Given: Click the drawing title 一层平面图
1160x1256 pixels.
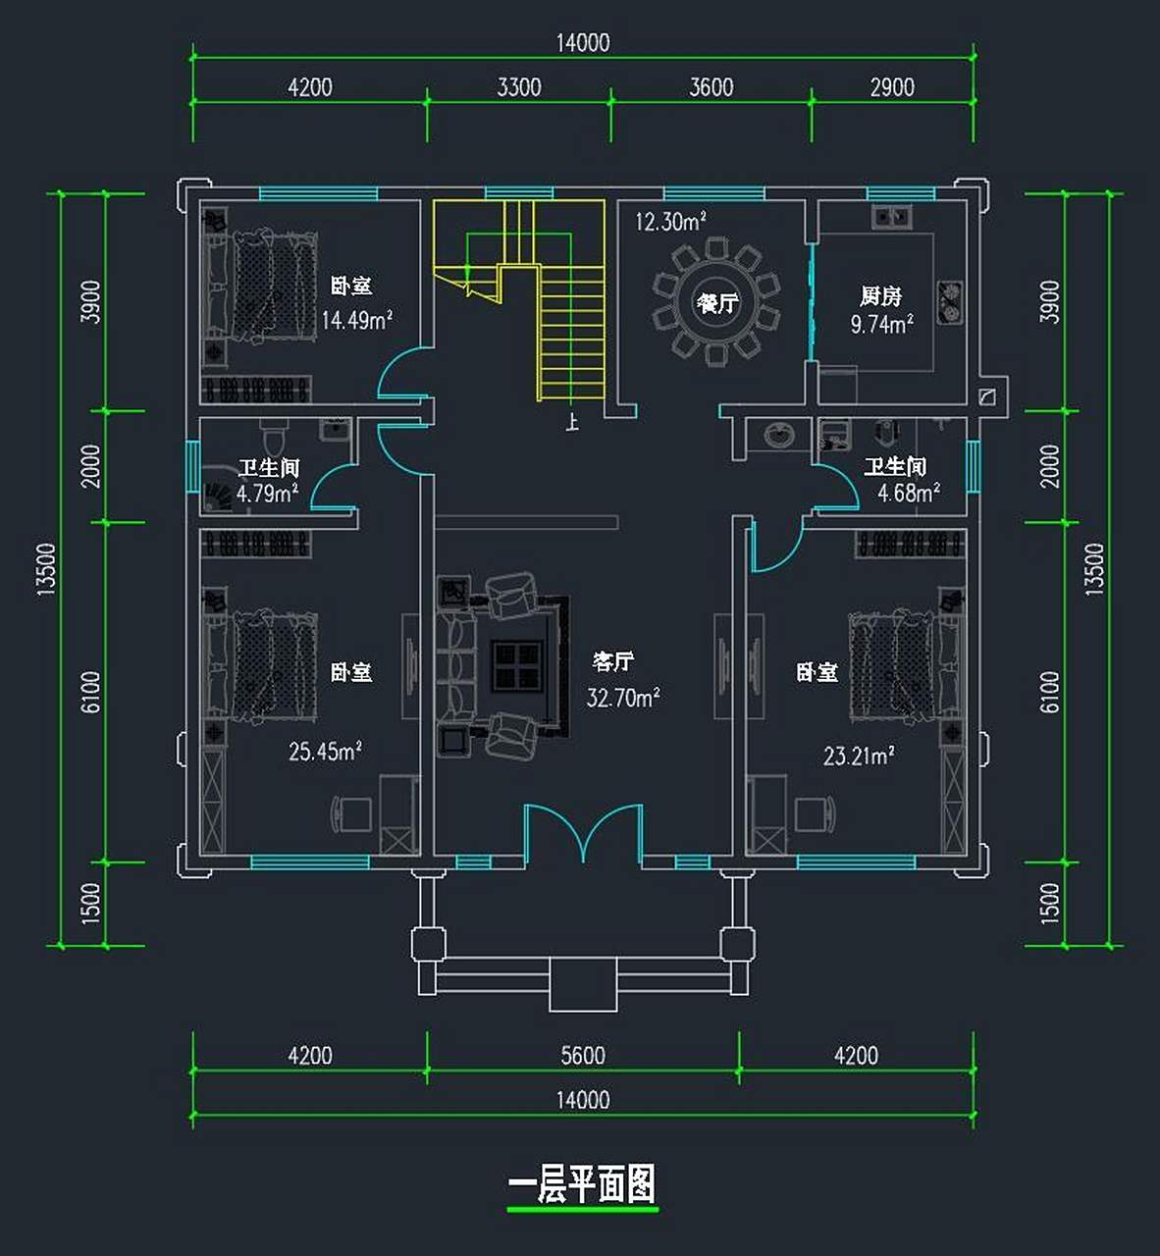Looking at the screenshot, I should [582, 1184].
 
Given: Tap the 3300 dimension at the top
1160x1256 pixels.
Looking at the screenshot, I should [518, 87].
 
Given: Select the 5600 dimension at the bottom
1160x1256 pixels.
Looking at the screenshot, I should [582, 1055].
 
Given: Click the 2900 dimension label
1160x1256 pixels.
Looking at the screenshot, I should [891, 87].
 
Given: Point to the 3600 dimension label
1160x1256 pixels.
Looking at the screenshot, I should [711, 87].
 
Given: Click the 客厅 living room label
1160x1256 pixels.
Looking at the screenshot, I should [613, 661].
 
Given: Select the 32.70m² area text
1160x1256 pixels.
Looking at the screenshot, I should [622, 698].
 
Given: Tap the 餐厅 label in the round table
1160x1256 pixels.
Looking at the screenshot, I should [716, 303].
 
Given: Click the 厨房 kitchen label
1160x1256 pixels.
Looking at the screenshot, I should [880, 295].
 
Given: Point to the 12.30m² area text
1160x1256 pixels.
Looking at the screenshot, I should [670, 222].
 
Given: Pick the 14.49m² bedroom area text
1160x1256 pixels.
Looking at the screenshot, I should [356, 320].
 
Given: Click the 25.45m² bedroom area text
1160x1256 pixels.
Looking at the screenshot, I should [325, 752].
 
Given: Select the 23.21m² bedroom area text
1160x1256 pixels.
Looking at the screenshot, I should [858, 757].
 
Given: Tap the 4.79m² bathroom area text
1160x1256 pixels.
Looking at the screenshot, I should [267, 493].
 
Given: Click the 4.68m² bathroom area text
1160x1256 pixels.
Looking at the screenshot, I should [908, 493].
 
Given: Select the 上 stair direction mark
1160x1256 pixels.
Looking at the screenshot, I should [572, 423].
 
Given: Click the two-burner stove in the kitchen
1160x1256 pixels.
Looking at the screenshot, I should [949, 302].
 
